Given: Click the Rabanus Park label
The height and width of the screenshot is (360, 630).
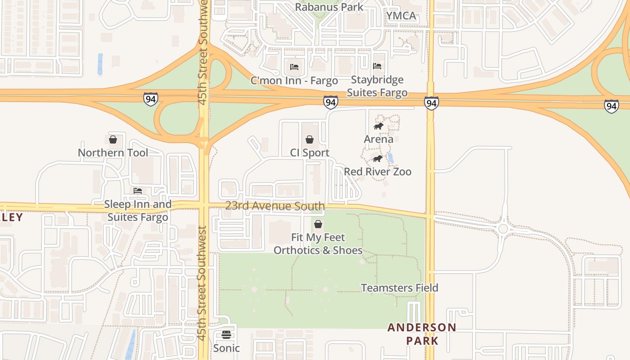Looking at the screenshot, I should [x=329, y=7].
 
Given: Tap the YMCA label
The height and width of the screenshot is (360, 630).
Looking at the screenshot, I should [x=401, y=16].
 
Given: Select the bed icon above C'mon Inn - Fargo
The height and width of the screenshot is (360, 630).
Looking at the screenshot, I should [x=294, y=67].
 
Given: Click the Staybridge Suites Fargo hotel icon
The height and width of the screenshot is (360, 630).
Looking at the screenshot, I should [x=377, y=66].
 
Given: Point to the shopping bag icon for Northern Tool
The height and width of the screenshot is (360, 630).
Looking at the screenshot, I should [x=113, y=139].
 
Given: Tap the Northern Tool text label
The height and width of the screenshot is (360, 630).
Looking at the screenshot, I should [x=113, y=153].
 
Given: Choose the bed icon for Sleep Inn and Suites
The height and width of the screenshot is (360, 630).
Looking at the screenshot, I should [x=138, y=191].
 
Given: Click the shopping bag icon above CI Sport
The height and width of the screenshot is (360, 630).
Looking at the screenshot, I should [x=310, y=139].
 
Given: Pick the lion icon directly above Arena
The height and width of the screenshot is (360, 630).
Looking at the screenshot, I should [x=378, y=126].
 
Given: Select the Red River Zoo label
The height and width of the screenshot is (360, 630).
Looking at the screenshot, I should [x=378, y=171].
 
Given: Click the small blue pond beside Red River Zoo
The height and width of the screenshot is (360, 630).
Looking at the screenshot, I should [x=391, y=158].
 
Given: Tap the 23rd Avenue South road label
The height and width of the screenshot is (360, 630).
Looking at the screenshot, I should [x=275, y=206].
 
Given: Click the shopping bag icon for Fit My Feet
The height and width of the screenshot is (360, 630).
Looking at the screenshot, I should [x=318, y=224].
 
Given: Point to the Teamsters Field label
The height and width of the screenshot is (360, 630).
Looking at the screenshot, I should [x=400, y=288].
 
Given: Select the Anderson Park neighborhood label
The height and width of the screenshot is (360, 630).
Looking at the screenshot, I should [x=422, y=333].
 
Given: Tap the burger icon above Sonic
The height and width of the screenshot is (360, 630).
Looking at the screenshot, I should [x=226, y=335].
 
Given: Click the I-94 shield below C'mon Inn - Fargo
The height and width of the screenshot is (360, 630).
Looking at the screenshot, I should [x=330, y=103].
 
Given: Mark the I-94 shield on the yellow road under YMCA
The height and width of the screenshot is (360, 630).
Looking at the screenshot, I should [x=431, y=103].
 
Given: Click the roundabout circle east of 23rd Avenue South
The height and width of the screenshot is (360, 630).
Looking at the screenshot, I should [x=503, y=229].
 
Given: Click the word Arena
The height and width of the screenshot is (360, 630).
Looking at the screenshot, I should [x=378, y=139].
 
